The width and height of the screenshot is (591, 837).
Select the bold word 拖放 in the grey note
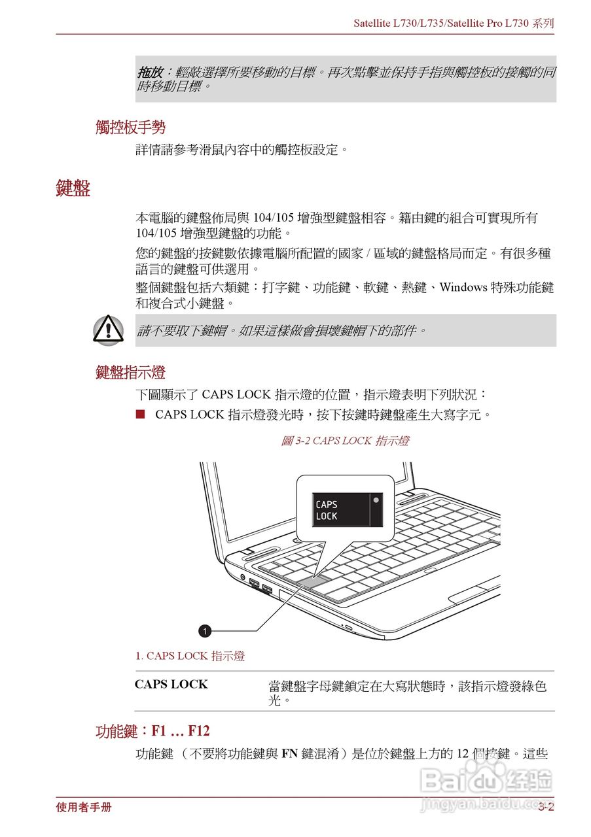(149, 72)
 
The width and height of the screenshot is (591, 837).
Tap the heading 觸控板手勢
(130, 128)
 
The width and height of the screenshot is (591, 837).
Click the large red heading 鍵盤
(73, 188)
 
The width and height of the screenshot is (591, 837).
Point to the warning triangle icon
(107, 330)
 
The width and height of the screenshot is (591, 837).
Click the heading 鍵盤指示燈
(130, 373)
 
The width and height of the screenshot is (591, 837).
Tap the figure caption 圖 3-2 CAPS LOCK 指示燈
(345, 441)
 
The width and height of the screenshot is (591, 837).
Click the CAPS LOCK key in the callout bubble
(340, 510)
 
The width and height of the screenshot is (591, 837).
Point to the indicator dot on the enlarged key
(376, 500)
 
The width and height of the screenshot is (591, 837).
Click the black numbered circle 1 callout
(206, 631)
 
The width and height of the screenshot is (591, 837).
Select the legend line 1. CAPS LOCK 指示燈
(190, 656)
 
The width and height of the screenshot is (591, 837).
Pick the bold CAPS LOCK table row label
(171, 685)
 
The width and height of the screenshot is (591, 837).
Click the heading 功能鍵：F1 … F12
(152, 731)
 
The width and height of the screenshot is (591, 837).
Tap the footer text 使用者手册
(84, 808)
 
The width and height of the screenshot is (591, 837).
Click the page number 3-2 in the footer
(546, 808)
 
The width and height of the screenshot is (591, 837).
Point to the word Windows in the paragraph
(463, 288)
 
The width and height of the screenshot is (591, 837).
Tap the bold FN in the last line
(290, 754)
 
